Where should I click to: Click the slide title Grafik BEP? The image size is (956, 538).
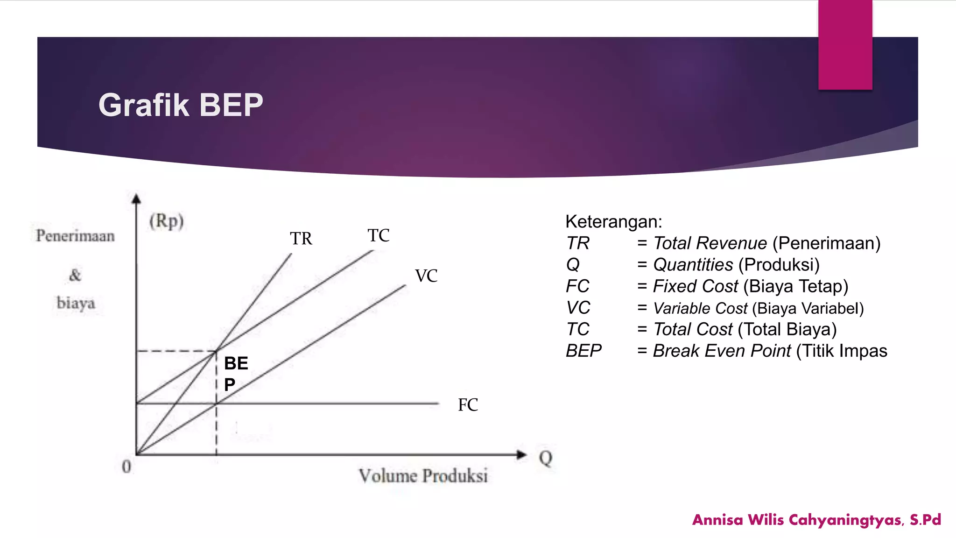pos(181,105)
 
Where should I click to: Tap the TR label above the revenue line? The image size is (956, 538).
pos(301,239)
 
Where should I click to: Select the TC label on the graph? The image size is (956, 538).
pos(378,235)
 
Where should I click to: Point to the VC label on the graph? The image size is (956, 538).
pos(426,276)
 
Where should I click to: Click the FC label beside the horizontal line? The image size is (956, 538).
pos(468,405)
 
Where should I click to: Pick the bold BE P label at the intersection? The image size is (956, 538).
pos(235,374)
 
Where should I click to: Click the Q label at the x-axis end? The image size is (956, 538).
pos(545,458)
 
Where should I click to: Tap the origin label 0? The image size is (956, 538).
pos(127,467)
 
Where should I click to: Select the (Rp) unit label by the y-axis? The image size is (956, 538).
pos(167,221)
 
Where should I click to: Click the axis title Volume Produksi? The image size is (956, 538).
pos(423,476)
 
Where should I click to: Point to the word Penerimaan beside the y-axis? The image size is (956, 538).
pos(75,236)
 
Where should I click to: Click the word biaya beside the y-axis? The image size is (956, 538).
pos(76,303)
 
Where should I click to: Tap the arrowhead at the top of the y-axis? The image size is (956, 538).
pos(136,199)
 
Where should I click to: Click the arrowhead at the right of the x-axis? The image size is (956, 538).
pos(521,454)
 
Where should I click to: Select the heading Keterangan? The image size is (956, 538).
pos(613,221)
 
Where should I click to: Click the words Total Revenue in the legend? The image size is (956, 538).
pos(710,243)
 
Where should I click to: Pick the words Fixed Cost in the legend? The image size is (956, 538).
pos(695,286)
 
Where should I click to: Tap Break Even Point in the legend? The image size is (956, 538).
pos(721,351)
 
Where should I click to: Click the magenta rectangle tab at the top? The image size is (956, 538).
pos(845,44)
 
